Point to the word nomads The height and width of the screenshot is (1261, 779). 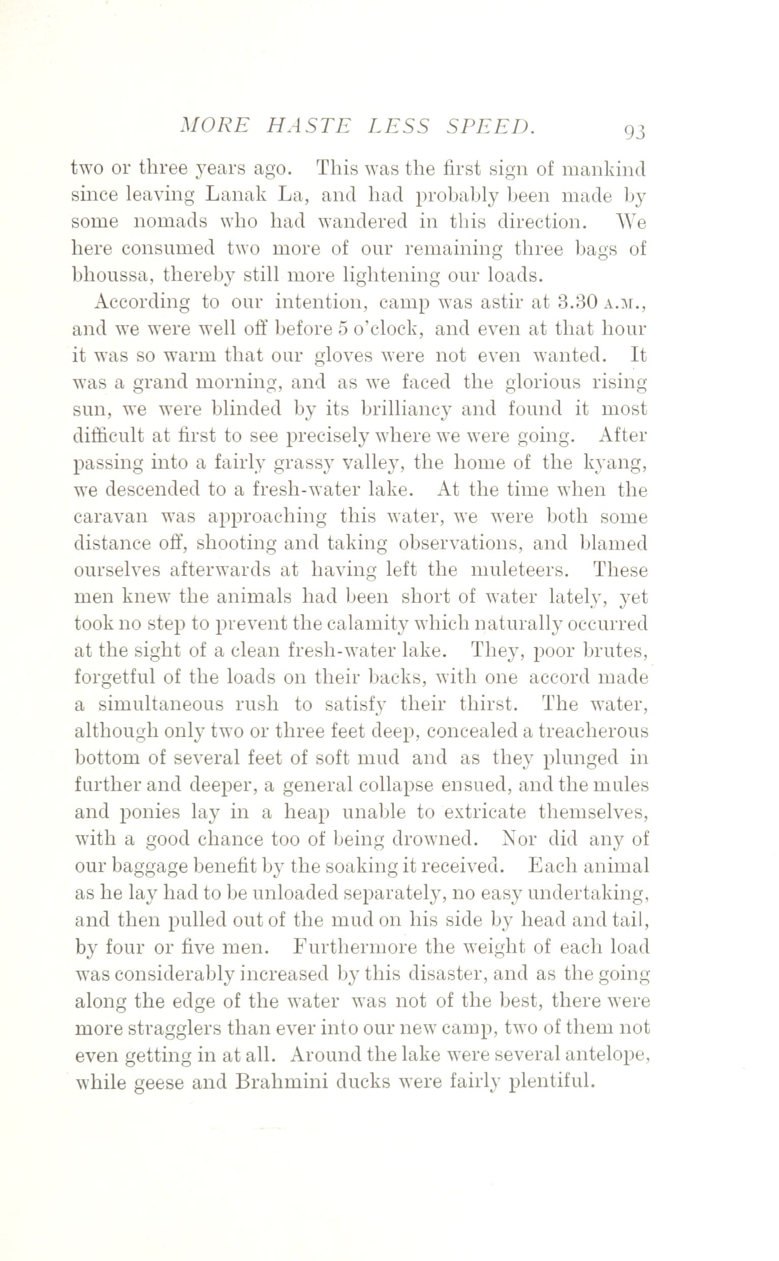pyautogui.click(x=170, y=222)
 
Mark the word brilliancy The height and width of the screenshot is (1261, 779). pyautogui.click(x=400, y=409)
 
